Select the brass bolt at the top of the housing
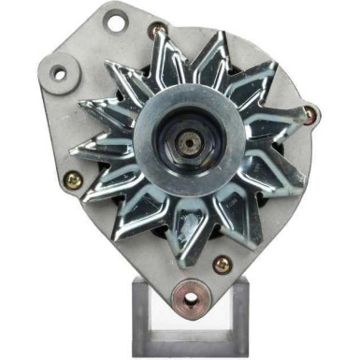(159, 31)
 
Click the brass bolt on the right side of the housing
(310, 114)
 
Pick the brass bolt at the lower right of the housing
(223, 265)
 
